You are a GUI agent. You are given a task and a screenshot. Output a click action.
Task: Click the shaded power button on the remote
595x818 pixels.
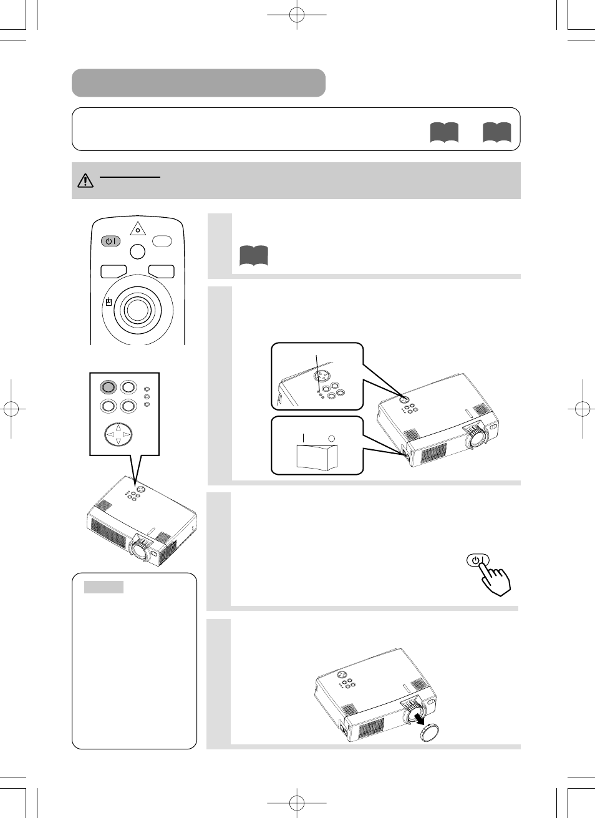tap(110, 241)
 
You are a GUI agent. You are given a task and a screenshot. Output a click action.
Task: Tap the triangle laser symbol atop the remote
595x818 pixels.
tap(138, 229)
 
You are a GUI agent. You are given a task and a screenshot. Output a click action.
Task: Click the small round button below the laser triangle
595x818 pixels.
tap(138, 251)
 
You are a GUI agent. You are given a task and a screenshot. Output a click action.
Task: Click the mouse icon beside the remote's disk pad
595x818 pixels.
tap(109, 302)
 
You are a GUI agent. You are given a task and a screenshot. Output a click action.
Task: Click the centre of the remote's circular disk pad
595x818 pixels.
tap(137, 308)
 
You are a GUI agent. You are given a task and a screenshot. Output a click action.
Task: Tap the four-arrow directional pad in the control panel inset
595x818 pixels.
tap(118, 434)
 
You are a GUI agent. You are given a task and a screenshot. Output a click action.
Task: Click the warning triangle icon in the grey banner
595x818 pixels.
tap(85, 181)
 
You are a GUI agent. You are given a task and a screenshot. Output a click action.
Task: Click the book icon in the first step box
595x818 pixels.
tap(253, 256)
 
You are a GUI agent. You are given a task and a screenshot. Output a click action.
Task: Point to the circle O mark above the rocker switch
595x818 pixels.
tap(332, 438)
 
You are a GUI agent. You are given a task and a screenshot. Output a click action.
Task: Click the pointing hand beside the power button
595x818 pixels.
tap(496, 579)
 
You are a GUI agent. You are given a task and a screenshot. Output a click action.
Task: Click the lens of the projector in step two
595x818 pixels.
tap(476, 439)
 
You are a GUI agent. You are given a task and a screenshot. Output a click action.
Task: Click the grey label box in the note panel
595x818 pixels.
tap(104, 587)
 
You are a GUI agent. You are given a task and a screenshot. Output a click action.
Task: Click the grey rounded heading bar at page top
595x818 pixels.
tap(198, 83)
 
